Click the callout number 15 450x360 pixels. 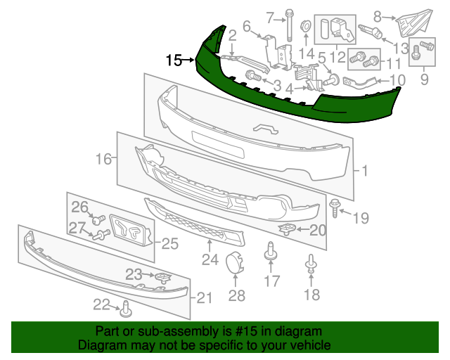pyautogui.click(x=174, y=60)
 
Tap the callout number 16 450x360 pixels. pyautogui.click(x=104, y=160)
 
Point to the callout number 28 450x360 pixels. pyautogui.click(x=237, y=295)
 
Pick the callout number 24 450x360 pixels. pyautogui.click(x=210, y=261)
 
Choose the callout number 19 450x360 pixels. pyautogui.click(x=361, y=218)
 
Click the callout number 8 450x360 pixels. pyautogui.click(x=378, y=15)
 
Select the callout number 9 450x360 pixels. pyautogui.click(x=424, y=80)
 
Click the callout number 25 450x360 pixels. pyautogui.click(x=171, y=244)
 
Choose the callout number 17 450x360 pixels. pyautogui.click(x=271, y=282)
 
